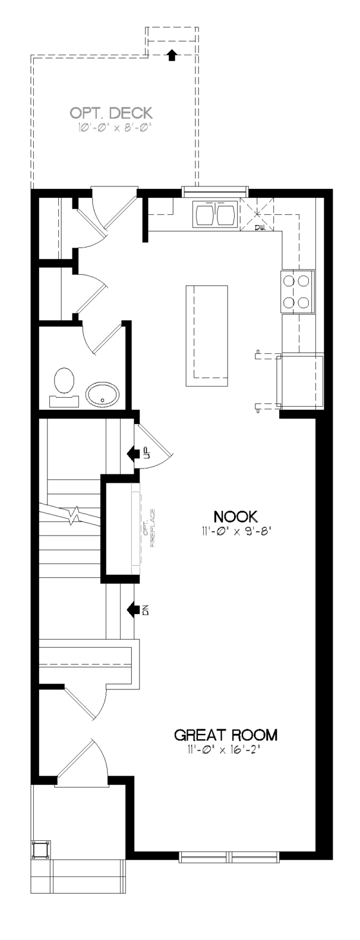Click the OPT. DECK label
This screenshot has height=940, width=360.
coord(111,113)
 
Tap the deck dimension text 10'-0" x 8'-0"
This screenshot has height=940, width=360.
coord(113,128)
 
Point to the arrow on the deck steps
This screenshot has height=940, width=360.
coord(171,55)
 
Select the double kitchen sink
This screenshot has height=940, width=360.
coord(214,214)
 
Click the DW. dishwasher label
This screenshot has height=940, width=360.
coord(260,228)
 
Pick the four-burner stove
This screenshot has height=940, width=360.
coord(297,291)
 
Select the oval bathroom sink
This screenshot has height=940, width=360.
coord(103,394)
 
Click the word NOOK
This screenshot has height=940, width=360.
coord(235,516)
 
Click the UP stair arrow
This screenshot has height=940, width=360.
coord(134,453)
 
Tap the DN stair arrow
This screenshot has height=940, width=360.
coord(134,610)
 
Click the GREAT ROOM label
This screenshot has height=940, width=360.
coord(226,735)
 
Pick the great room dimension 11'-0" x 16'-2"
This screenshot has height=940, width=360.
coord(227,749)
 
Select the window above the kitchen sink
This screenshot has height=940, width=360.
coord(215,192)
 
